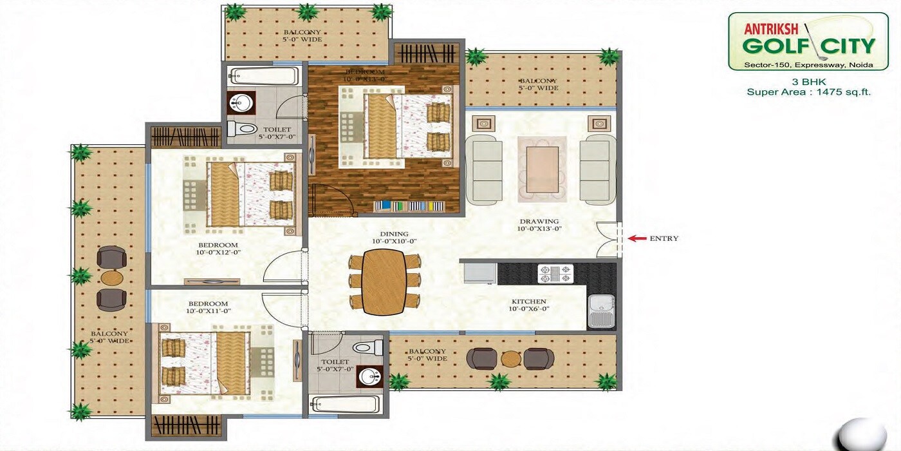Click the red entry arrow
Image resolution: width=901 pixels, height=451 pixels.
[637, 238]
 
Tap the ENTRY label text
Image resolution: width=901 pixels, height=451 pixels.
[664, 238]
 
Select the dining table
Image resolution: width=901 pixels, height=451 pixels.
[384, 282]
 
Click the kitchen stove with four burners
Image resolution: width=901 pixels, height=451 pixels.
[555, 274]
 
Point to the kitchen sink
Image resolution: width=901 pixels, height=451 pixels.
[601, 312]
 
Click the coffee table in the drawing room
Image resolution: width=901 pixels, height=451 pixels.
[542, 169]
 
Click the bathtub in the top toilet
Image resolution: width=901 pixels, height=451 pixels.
[265, 76]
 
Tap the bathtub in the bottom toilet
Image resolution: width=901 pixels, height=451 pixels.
[344, 405]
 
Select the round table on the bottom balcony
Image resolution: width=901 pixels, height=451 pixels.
[510, 358]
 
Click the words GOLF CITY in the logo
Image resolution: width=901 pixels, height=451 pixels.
[808, 46]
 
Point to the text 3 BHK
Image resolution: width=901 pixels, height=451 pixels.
[808, 82]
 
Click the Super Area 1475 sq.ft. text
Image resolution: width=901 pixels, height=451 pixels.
[808, 92]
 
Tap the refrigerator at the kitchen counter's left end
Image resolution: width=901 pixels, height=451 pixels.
[479, 273]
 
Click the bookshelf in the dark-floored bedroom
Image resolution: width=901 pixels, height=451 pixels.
[409, 206]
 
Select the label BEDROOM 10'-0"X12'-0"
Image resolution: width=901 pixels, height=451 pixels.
[218, 249]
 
